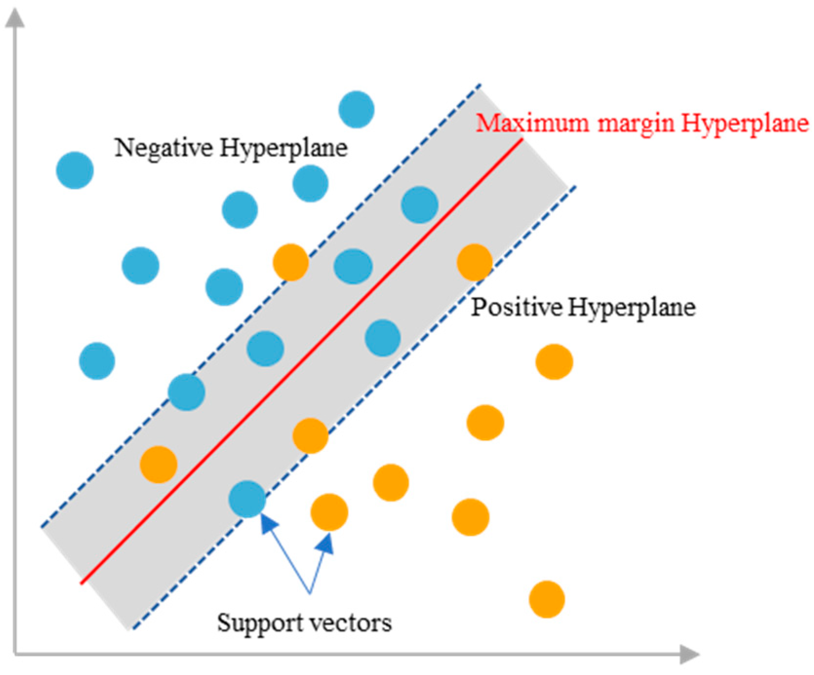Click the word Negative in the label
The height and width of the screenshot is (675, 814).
(x=163, y=148)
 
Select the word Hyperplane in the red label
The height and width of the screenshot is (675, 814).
(x=745, y=124)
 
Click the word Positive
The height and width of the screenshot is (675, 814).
(x=516, y=307)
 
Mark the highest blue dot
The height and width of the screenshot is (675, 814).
(x=357, y=109)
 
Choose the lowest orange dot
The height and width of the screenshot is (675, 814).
(x=547, y=599)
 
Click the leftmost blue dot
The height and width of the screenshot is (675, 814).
(x=75, y=170)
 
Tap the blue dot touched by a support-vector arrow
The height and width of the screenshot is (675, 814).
(x=248, y=499)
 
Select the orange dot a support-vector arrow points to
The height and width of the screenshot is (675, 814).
(x=329, y=512)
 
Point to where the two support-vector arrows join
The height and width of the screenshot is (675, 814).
(x=310, y=593)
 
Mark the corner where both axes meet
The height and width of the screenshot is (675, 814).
(x=16, y=654)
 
